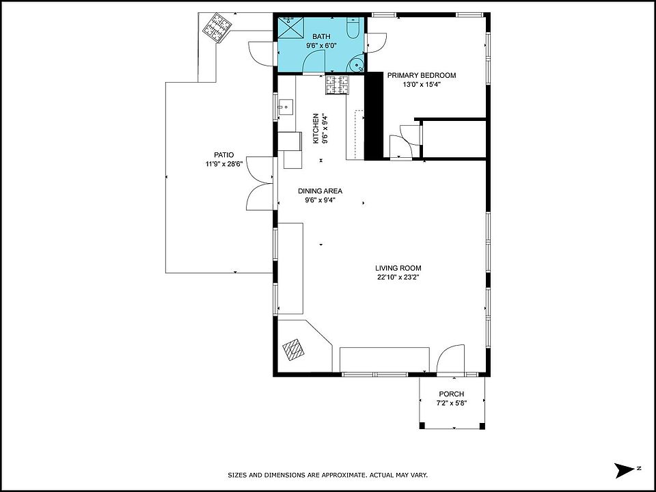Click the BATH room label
click(321, 37)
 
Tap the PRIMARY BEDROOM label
click(422, 75)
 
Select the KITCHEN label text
click(316, 128)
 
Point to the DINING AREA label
click(320, 191)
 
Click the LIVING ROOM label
click(398, 268)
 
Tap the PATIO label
click(224, 155)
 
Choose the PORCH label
click(452, 394)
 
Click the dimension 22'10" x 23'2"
click(398, 277)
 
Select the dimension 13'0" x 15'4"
click(422, 85)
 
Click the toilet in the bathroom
click(353, 28)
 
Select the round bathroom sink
click(357, 65)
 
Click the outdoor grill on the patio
click(217, 27)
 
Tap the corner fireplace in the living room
click(294, 349)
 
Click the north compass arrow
click(625, 470)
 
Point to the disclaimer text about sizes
click(327, 475)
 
